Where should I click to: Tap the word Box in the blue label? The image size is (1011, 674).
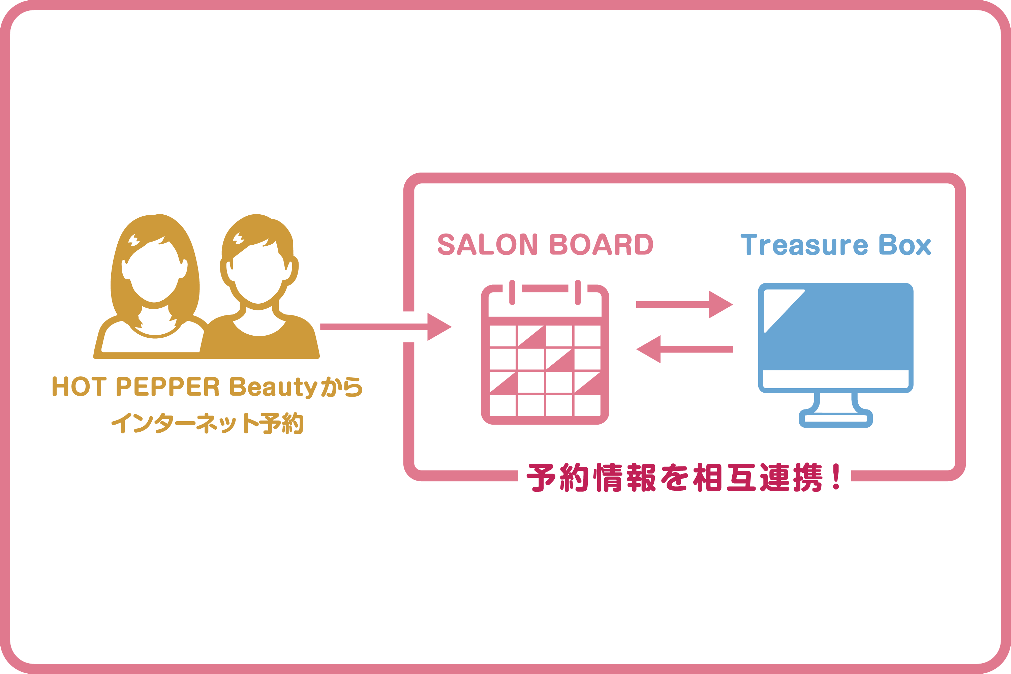[905, 245]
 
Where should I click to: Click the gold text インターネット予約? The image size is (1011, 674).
[207, 423]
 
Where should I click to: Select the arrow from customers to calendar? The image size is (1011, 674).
[385, 327]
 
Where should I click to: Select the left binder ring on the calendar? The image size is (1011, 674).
[512, 292]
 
